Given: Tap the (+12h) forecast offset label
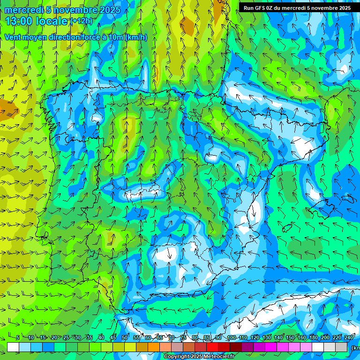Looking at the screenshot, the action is [x=81, y=21].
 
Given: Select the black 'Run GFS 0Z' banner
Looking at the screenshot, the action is [x=297, y=7].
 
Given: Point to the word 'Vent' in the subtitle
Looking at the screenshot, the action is [x=13, y=37].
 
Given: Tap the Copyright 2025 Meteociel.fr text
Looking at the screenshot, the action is [x=199, y=357].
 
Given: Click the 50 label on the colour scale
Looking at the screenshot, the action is [x=125, y=337].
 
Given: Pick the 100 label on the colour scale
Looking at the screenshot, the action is [x=231, y=337].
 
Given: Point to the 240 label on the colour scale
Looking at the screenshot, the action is [x=349, y=337].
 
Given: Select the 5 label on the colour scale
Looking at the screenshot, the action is [x=18, y=337].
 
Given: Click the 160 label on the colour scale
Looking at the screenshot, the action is [x=302, y=337].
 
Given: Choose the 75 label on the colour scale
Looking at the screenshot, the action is [x=183, y=337].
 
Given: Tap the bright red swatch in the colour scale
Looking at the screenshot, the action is [x=212, y=347].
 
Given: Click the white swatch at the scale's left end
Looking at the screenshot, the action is [x=13, y=347].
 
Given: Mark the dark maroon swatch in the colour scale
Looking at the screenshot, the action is [x=236, y=347].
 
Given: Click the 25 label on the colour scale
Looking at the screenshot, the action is [x=66, y=337].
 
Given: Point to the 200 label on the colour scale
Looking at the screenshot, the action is [x=325, y=337].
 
